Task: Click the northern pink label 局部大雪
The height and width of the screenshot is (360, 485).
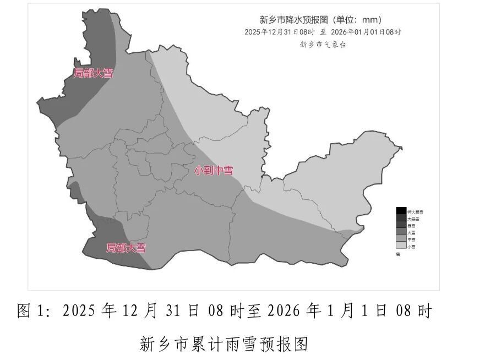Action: click(x=93, y=73)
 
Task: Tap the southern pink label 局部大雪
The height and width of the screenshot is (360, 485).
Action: click(x=126, y=248)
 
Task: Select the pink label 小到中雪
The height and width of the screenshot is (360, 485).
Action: click(x=213, y=170)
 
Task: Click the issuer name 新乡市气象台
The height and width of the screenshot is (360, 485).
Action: click(x=323, y=45)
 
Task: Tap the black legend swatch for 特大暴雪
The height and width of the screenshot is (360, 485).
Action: click(x=401, y=211)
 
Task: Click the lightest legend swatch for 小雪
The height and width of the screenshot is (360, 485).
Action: click(x=401, y=247)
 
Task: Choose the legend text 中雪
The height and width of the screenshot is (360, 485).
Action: click(x=411, y=240)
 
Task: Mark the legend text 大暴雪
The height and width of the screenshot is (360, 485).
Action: click(x=413, y=219)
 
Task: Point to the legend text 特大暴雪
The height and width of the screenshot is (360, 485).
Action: click(x=415, y=211)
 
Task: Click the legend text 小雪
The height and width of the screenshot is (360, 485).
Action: click(x=411, y=247)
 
